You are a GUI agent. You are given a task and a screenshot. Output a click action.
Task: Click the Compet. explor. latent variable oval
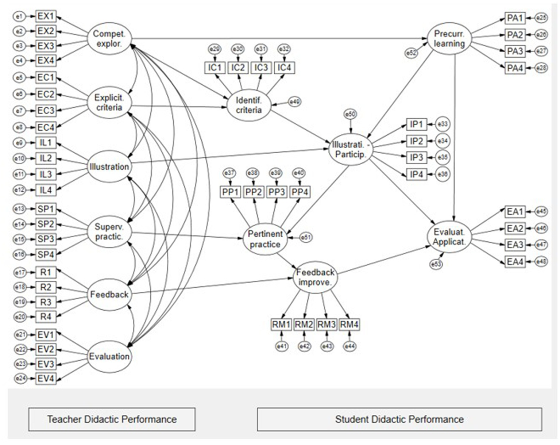[109, 39]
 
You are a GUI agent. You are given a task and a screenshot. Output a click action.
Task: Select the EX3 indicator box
[46, 46]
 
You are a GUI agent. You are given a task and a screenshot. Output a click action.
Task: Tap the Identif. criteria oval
[249, 105]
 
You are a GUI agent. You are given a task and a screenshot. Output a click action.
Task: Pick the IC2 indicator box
[238, 68]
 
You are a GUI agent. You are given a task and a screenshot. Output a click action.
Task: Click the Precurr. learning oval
[449, 39]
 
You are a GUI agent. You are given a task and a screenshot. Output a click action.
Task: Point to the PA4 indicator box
[515, 68]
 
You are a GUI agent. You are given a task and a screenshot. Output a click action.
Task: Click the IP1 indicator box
[416, 124]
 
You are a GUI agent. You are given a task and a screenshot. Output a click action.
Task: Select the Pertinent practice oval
[265, 239]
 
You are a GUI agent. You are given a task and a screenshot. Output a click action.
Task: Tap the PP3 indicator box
[277, 192]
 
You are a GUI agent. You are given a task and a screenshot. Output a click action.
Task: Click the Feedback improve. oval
[315, 277]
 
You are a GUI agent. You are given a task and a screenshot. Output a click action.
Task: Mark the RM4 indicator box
[349, 324]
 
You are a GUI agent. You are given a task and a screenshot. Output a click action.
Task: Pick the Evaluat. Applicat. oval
[449, 237]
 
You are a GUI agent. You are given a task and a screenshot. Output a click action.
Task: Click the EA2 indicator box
[515, 229]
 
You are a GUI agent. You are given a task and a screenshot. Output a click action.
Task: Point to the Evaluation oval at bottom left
[109, 356]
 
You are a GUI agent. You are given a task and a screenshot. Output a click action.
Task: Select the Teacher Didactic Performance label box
[112, 419]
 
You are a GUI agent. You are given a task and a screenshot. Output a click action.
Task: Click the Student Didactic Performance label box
[399, 419]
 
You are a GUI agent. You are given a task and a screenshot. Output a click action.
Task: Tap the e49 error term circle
[294, 102]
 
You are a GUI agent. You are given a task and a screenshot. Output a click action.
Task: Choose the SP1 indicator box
[46, 209]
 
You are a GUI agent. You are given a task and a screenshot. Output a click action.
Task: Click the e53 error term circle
[436, 264]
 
